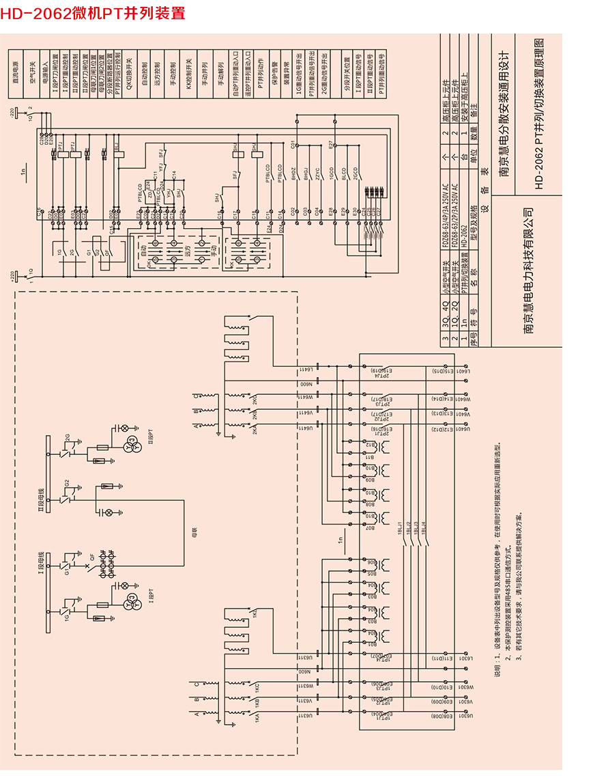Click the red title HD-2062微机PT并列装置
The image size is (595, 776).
point(93,14)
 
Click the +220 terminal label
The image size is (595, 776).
point(12,275)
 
